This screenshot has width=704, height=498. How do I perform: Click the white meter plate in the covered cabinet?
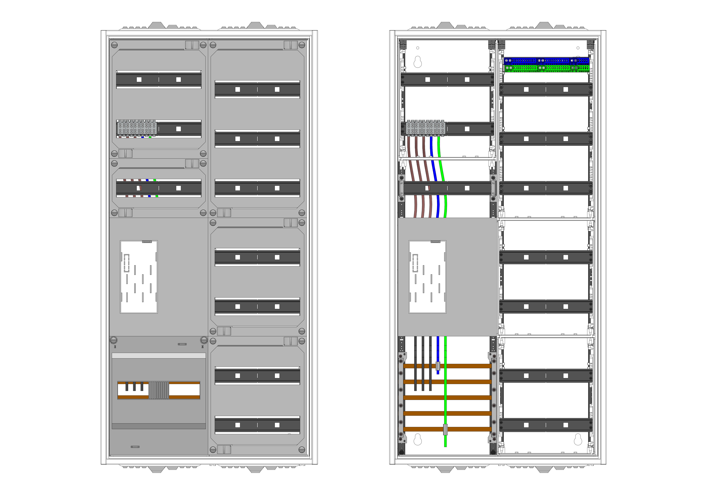pos(139,277)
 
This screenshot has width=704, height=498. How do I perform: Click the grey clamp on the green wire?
pos(445,429)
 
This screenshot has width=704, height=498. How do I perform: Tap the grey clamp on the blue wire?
pos(438,366)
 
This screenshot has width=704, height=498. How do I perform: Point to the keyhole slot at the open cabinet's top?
pos(418,62)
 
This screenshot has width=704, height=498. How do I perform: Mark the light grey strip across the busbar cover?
pos(159,356)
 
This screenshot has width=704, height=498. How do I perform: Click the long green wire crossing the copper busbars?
pos(445,399)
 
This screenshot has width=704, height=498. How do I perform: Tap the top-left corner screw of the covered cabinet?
pos(114,45)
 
